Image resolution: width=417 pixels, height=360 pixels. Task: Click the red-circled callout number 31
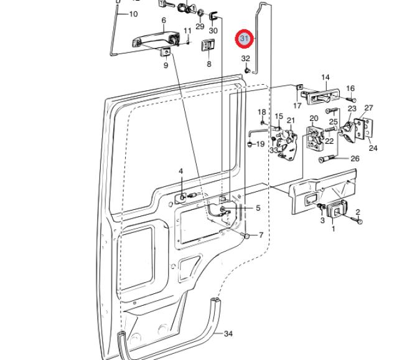point(244,39)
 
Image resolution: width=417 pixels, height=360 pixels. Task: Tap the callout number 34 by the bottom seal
point(228,333)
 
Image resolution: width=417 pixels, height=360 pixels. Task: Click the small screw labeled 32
point(248,70)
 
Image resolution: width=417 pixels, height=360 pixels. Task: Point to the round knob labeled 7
point(246,236)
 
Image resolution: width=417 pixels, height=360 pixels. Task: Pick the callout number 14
point(326,77)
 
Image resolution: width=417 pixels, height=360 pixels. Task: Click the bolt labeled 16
point(352,100)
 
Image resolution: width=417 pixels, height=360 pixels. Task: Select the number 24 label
point(373,148)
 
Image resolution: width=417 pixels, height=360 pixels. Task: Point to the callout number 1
point(333,229)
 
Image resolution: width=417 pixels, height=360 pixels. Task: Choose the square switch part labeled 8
point(208,45)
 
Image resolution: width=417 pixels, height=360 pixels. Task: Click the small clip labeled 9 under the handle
point(166,52)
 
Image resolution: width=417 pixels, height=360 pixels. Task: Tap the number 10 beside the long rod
point(133,14)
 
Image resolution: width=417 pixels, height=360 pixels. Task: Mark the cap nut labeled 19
point(250,144)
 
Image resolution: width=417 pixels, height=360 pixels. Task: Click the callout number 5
point(258,208)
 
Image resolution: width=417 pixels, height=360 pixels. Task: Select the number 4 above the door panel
point(181,171)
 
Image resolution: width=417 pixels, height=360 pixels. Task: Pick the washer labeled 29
point(200,12)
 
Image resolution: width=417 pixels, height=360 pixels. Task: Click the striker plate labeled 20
point(315,138)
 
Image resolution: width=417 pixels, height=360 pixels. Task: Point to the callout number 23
point(352,108)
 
